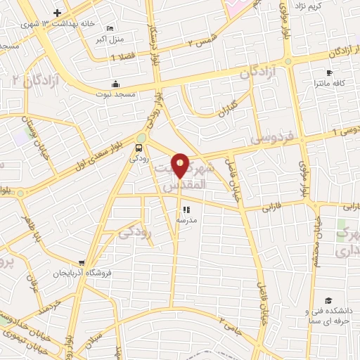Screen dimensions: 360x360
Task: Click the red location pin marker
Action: click(x=180, y=167)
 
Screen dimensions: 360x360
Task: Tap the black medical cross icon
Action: click(x=58, y=12)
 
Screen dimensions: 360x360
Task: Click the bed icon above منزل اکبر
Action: click(x=109, y=28)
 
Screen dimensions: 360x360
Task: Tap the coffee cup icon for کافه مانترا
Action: click(x=329, y=72)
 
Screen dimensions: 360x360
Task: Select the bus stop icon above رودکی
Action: click(x=138, y=148)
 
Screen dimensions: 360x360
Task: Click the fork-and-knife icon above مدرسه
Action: click(x=186, y=209)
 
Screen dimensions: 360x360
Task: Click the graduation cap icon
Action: click(x=328, y=300)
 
